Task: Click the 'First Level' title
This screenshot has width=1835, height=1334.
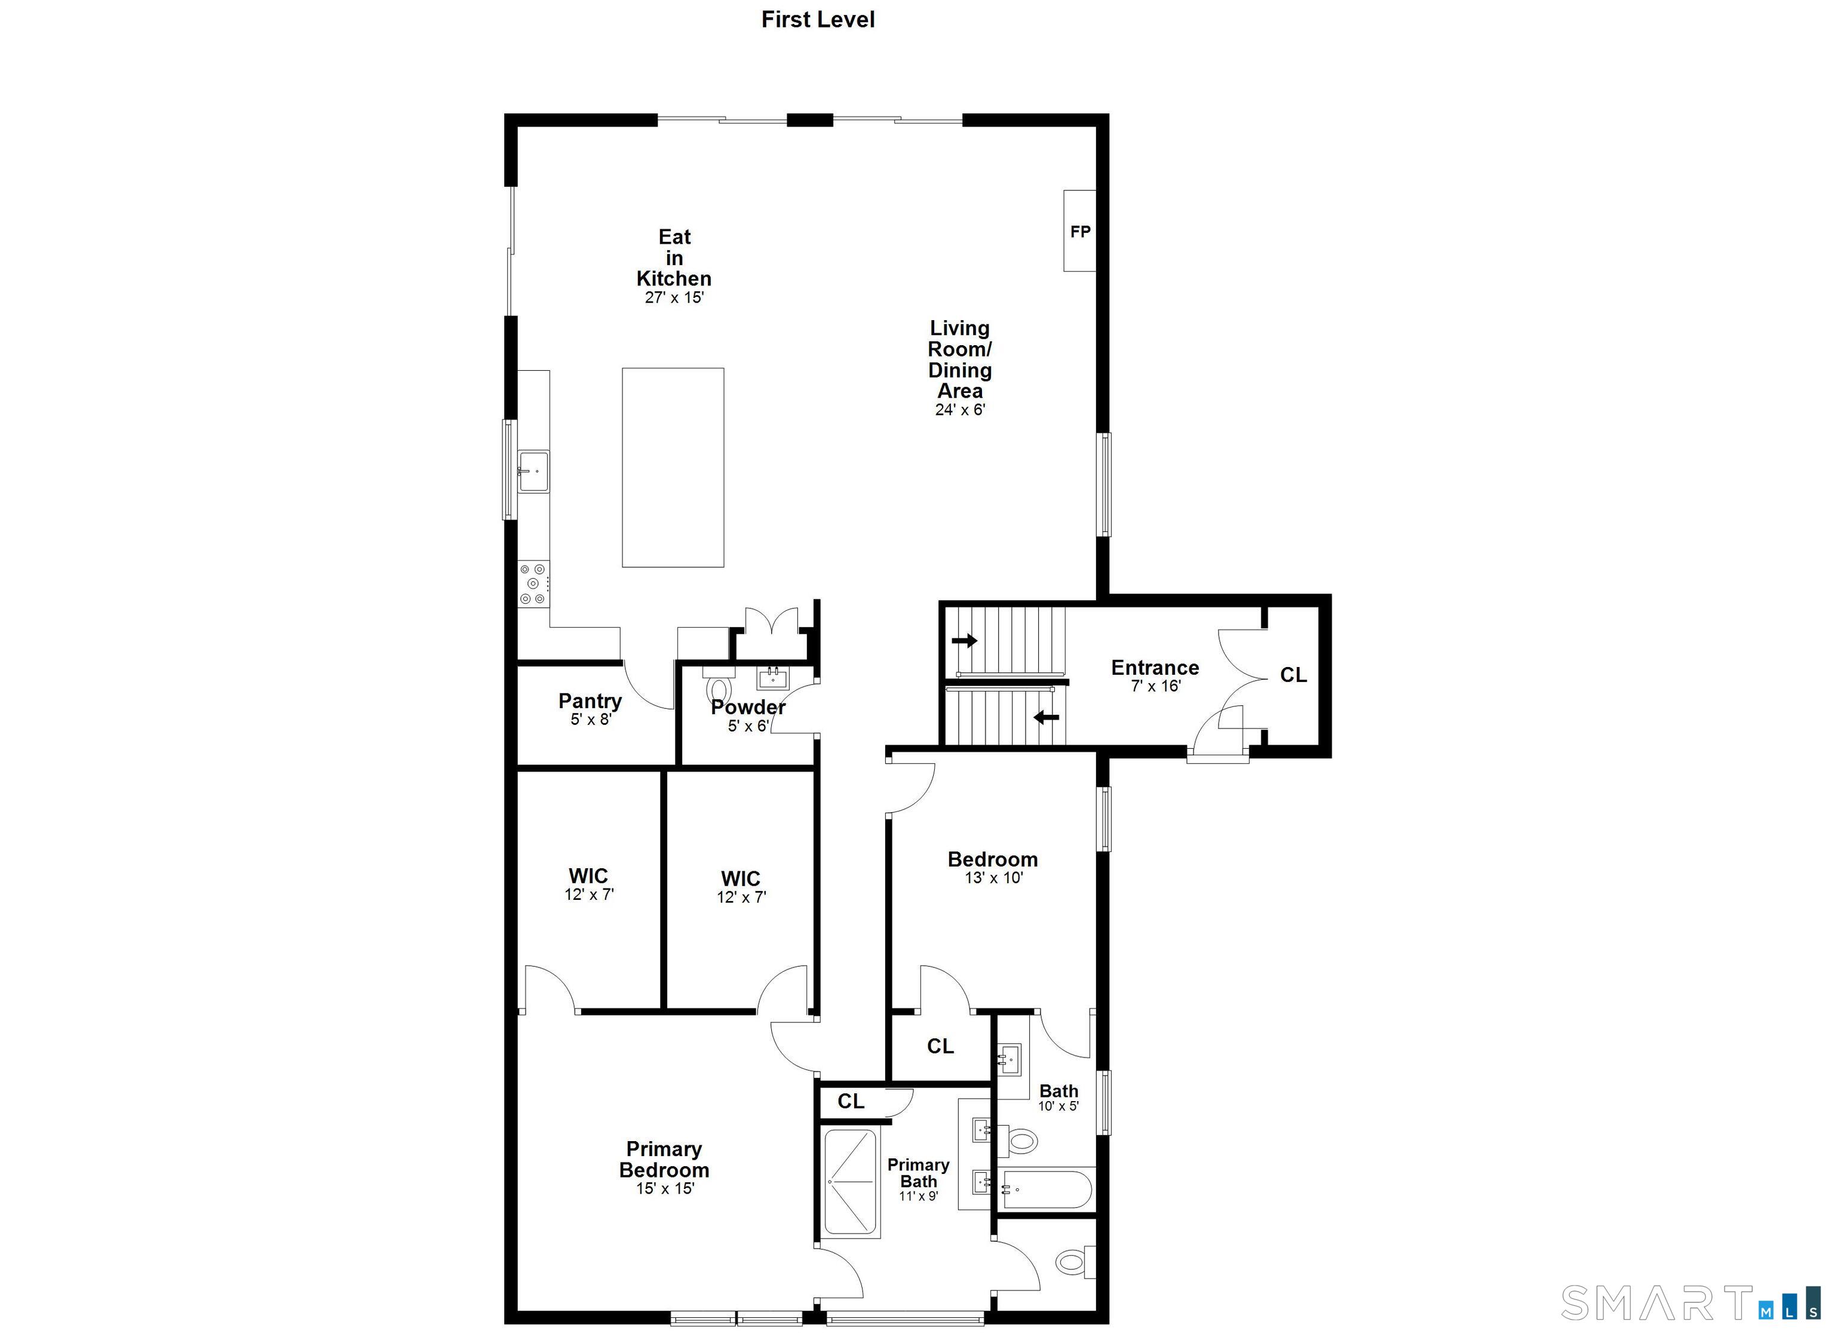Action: pyautogui.click(x=817, y=20)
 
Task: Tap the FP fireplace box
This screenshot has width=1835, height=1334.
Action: pyautogui.click(x=1079, y=230)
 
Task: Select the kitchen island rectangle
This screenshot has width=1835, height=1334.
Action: pyautogui.click(x=673, y=468)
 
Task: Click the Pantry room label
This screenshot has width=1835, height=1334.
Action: pyautogui.click(x=590, y=700)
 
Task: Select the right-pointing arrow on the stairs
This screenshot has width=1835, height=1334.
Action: pyautogui.click(x=965, y=641)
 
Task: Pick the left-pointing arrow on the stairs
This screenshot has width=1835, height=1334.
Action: pyautogui.click(x=1046, y=717)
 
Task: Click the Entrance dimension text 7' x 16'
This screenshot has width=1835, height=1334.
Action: pyautogui.click(x=1155, y=686)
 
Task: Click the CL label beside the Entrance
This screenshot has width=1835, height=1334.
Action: pyautogui.click(x=1293, y=675)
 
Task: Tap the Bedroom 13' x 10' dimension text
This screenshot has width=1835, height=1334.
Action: pyautogui.click(x=993, y=878)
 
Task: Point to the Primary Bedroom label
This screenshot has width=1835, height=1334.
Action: pyautogui.click(x=664, y=1159)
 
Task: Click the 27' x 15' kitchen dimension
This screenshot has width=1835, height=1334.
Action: pyautogui.click(x=674, y=298)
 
